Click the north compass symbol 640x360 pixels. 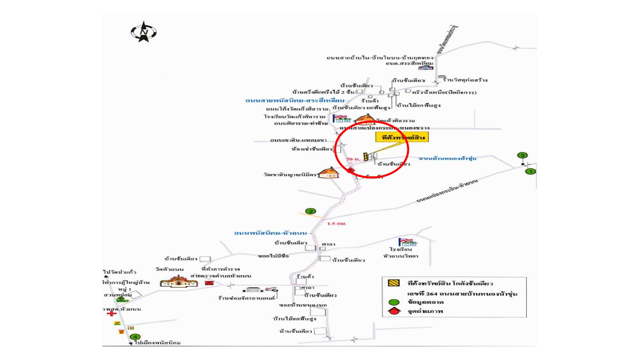tap(144, 32)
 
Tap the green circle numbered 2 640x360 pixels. tap(311, 211)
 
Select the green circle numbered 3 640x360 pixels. tap(522, 155)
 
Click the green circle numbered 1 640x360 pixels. tap(530, 172)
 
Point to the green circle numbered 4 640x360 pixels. tap(135, 337)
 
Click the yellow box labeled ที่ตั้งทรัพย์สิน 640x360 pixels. tap(402, 137)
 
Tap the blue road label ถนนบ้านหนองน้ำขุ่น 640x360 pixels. tap(447, 158)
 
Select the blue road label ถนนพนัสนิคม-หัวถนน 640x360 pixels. tap(270, 233)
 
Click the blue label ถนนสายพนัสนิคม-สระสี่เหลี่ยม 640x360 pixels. tap(295, 100)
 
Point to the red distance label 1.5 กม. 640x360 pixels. tap(337, 223)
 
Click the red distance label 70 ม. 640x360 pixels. tap(352, 159)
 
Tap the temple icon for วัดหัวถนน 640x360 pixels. tap(179, 281)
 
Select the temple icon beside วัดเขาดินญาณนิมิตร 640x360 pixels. tap(329, 173)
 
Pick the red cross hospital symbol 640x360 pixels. tap(112, 313)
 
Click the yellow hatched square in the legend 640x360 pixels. tap(394, 283)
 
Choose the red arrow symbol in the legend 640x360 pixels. tap(394, 311)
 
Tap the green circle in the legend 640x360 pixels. tap(394, 302)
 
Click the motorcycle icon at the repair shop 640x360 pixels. tap(271, 289)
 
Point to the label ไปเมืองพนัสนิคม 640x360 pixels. tap(157, 343)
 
